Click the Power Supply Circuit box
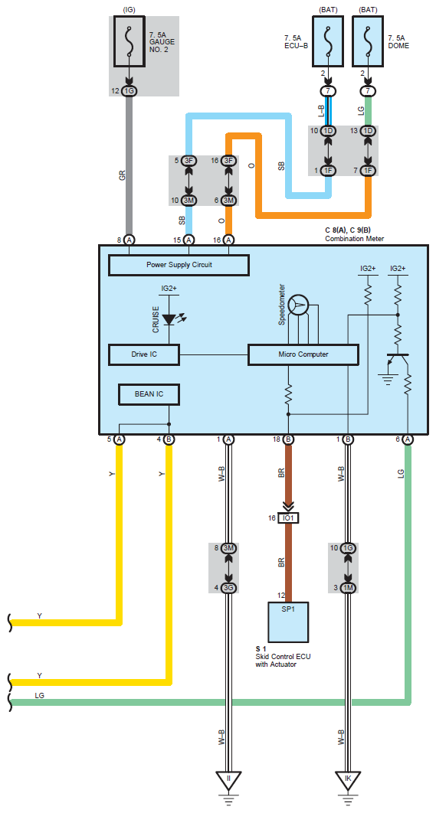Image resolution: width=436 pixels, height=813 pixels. click(179, 264)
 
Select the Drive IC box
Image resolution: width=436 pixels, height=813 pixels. click(144, 354)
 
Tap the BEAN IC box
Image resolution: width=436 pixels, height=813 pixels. click(149, 394)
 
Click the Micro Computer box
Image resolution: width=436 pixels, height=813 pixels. click(303, 354)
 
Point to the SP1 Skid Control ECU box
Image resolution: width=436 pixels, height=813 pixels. click(288, 622)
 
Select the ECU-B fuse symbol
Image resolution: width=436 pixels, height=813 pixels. click(328, 41)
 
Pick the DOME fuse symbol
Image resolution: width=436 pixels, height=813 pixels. click(368, 41)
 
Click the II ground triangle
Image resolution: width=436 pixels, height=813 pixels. click(228, 780)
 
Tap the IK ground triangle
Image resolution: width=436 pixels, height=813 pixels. click(348, 780)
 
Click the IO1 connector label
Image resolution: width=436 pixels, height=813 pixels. click(288, 518)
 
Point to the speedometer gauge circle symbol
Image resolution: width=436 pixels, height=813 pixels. click(298, 306)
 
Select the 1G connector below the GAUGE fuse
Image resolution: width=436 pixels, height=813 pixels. click(129, 91)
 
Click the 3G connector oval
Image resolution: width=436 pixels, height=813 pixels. click(228, 588)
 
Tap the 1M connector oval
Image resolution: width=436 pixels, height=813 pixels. click(348, 588)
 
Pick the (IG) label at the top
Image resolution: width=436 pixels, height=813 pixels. click(129, 10)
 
